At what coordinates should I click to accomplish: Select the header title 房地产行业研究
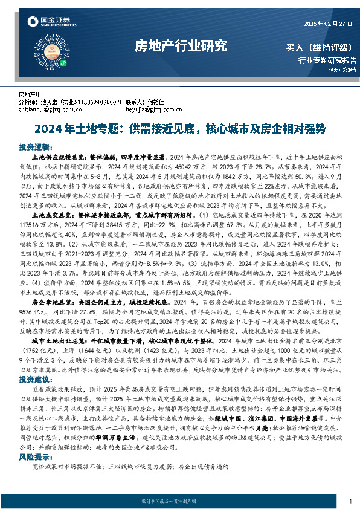pyautogui.click(x=181, y=45)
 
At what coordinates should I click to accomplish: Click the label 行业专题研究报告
pyautogui.click(x=327, y=60)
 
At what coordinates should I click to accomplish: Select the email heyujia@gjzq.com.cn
pyautogui.click(x=148, y=110)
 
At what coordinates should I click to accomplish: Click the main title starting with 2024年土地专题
pyautogui.click(x=180, y=129)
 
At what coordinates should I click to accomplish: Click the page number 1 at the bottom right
pyautogui.click(x=350, y=502)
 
